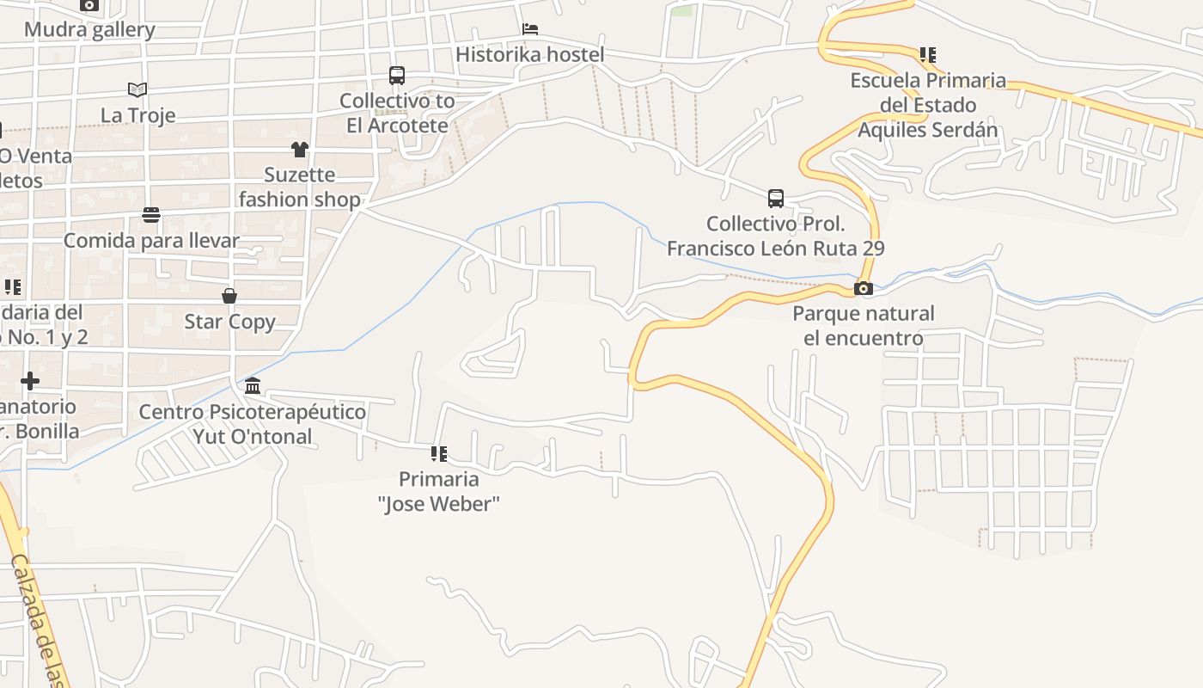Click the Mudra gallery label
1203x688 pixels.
89,30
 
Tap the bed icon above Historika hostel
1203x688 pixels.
530,29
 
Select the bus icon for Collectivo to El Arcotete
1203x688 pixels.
396,76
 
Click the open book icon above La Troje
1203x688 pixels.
137,89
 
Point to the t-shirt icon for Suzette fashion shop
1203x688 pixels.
299,150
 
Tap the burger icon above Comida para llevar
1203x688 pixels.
151,214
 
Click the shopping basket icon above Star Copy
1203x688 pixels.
229,297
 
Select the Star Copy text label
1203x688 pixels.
229,322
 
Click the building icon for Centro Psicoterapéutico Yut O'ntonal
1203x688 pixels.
253,385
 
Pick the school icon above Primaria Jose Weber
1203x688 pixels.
439,453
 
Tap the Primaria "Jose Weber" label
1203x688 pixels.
439,491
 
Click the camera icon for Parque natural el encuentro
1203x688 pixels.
864,288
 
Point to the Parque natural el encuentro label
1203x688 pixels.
864,325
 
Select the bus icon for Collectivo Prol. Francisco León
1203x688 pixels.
776,199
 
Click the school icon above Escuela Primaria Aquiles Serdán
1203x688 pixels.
927,55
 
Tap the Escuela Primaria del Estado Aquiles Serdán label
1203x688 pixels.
927,105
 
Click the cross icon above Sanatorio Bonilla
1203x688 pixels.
30,380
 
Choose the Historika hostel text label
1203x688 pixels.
530,54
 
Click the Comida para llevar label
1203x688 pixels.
151,240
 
